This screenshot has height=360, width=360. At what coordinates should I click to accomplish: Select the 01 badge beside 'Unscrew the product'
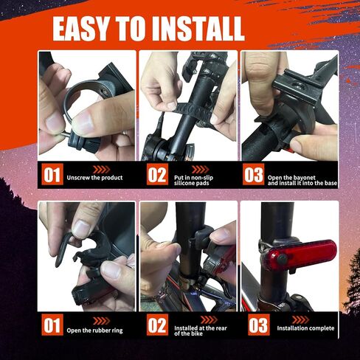point(52,174)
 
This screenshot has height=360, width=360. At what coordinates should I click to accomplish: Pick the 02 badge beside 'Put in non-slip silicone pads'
point(157,174)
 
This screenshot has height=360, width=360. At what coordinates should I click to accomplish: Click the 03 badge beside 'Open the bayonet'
point(254,174)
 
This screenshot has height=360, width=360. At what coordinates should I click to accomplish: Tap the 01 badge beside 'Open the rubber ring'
point(52,325)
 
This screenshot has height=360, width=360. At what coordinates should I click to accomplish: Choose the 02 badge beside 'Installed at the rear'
point(157,325)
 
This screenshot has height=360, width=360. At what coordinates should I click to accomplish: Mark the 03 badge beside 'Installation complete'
point(259,325)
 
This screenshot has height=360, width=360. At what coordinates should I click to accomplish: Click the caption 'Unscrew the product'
point(94,178)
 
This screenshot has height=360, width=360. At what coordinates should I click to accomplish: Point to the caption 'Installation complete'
point(305,328)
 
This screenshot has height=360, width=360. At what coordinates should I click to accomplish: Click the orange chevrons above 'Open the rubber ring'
point(102,321)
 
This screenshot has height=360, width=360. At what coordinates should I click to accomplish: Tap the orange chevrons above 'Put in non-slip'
point(200,170)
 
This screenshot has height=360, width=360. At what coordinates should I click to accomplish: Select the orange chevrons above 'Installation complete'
point(301,319)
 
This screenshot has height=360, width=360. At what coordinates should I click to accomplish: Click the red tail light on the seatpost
point(298,255)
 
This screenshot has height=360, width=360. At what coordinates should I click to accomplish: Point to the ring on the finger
point(125,133)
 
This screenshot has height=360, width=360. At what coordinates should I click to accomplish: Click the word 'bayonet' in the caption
point(303,178)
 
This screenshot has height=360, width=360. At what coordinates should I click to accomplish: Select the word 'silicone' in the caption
point(184,183)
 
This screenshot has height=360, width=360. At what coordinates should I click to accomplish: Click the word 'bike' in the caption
point(197,333)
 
